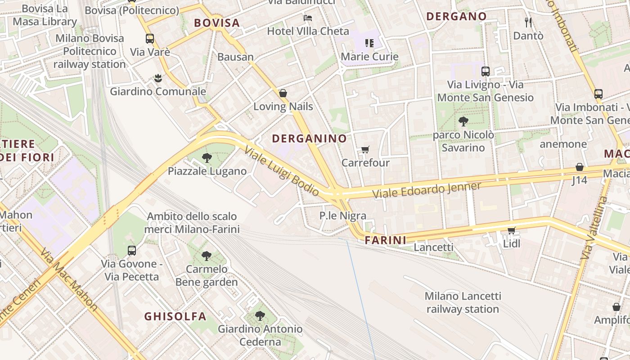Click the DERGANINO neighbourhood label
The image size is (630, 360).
pos(309,139)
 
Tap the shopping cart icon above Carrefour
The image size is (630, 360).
pos(365,149)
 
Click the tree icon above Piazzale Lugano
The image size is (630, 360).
pos(207,158)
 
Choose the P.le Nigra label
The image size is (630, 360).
pos(343,216)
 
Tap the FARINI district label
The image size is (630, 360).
pos(385,240)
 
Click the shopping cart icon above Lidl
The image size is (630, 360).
pos(511,231)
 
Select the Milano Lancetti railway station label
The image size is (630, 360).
pos(463,302)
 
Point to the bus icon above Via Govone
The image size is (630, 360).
pos(131,251)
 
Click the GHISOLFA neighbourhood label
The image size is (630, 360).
pos(175,316)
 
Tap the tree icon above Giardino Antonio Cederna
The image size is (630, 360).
pos(260,316)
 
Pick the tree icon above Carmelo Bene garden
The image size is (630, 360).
pos(207,256)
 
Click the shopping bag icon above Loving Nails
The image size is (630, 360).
pos(283,94)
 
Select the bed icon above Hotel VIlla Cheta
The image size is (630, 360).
pos(308,18)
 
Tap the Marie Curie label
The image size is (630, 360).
pos(369,57)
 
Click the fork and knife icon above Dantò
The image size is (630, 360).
pos(528,22)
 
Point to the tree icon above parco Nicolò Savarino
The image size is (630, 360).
pos(463,121)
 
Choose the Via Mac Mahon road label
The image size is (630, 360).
pos(68,279)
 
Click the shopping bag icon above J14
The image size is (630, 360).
pos(580,167)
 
